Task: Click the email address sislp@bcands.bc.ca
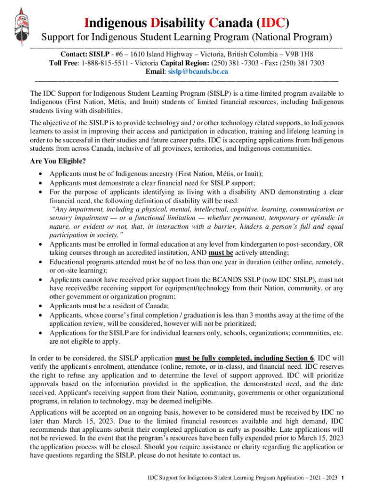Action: pos(198,71)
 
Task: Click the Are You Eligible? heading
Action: pos(58,161)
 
